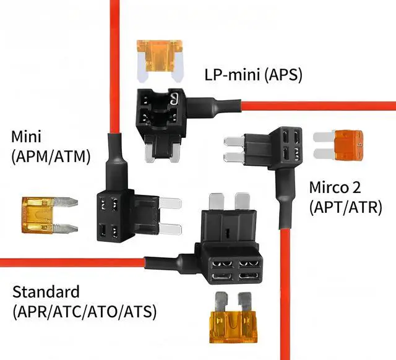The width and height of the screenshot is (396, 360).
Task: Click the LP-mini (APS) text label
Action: [x=253, y=75]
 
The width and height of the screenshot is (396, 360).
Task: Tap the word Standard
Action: [x=46, y=292]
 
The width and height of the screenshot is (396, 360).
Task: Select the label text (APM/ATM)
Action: [x=51, y=156]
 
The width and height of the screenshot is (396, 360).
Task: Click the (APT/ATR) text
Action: [x=345, y=207]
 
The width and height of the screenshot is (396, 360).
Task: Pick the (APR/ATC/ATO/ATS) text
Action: [x=84, y=312]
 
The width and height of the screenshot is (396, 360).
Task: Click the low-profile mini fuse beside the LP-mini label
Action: [x=160, y=61]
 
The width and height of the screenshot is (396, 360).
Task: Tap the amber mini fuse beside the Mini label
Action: [x=49, y=215]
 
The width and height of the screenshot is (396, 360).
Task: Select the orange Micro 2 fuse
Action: [x=338, y=145]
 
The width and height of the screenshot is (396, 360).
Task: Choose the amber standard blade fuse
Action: [x=233, y=317]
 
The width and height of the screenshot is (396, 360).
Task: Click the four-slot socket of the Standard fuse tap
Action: [x=235, y=270]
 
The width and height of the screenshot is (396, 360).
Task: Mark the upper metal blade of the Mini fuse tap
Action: [x=171, y=204]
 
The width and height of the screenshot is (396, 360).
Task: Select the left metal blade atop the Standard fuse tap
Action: [x=217, y=201]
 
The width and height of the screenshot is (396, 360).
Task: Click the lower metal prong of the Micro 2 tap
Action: [x=235, y=157]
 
